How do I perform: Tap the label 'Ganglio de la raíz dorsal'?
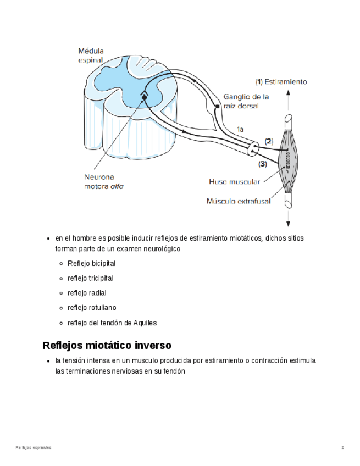(246, 101)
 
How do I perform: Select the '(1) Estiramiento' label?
(281, 82)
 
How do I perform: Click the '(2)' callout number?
(269, 141)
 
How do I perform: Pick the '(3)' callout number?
(263, 163)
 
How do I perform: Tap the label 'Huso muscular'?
(234, 181)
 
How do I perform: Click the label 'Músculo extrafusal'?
(238, 201)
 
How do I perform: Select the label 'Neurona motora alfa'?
(103, 181)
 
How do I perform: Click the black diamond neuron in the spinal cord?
(144, 97)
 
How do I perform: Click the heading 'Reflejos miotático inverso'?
(107, 345)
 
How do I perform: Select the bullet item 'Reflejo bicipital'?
(91, 264)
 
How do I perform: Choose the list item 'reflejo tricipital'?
(90, 279)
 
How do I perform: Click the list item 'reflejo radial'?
(87, 293)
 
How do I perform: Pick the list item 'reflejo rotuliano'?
(91, 308)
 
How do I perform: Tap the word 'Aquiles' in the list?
(145, 323)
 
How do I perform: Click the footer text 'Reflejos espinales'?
(34, 448)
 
